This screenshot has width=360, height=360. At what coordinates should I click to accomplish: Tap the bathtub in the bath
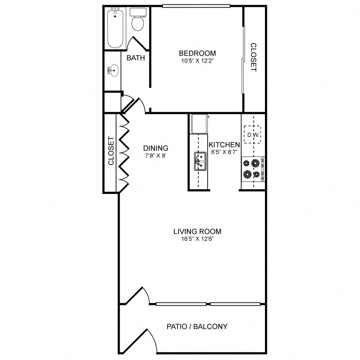116,27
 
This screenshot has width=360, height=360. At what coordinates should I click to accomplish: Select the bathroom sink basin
114,72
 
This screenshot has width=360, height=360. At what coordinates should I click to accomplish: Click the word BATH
136,58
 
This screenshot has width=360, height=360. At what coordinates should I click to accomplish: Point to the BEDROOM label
197,53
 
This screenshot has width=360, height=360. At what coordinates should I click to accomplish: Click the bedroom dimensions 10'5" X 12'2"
197,61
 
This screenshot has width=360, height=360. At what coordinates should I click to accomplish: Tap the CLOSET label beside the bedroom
253,58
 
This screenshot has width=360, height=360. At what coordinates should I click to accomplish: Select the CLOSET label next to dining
111,151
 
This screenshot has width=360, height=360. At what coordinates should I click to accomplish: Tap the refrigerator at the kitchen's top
199,124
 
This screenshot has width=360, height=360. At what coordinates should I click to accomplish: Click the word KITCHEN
224,144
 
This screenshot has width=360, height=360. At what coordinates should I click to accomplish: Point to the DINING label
156,148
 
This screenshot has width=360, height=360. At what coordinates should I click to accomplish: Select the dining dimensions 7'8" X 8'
156,156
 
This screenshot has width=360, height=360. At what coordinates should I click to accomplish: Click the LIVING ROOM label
197,231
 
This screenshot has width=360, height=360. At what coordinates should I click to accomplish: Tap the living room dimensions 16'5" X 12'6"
197,239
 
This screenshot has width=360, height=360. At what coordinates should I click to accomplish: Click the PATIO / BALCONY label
197,326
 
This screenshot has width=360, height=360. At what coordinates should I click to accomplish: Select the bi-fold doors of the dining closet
123,153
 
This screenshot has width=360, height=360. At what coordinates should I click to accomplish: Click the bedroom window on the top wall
196,6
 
